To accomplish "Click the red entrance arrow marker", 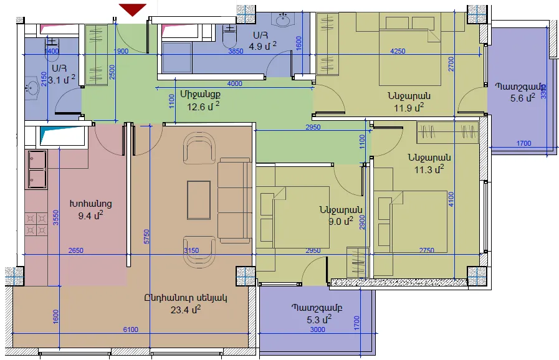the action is [x=133, y=9].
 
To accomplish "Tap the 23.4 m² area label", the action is [x=185, y=310].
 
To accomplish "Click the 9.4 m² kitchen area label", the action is [x=91, y=215].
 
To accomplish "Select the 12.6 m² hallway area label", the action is [x=203, y=106].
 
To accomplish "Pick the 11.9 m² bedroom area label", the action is [x=409, y=107].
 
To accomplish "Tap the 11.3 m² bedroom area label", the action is [x=429, y=169].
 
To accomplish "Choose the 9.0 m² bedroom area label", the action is [x=341, y=221].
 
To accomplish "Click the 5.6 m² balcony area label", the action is [x=523, y=98].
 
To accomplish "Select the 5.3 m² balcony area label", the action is [x=319, y=320].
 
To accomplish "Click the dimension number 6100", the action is [x=130, y=329].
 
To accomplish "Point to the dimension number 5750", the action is [x=146, y=237].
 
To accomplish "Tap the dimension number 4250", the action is [x=398, y=51].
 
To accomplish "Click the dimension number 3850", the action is [x=236, y=51].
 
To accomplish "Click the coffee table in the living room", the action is [x=199, y=200].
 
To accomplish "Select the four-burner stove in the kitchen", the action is [x=36, y=224].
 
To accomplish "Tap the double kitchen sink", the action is [x=36, y=169].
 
